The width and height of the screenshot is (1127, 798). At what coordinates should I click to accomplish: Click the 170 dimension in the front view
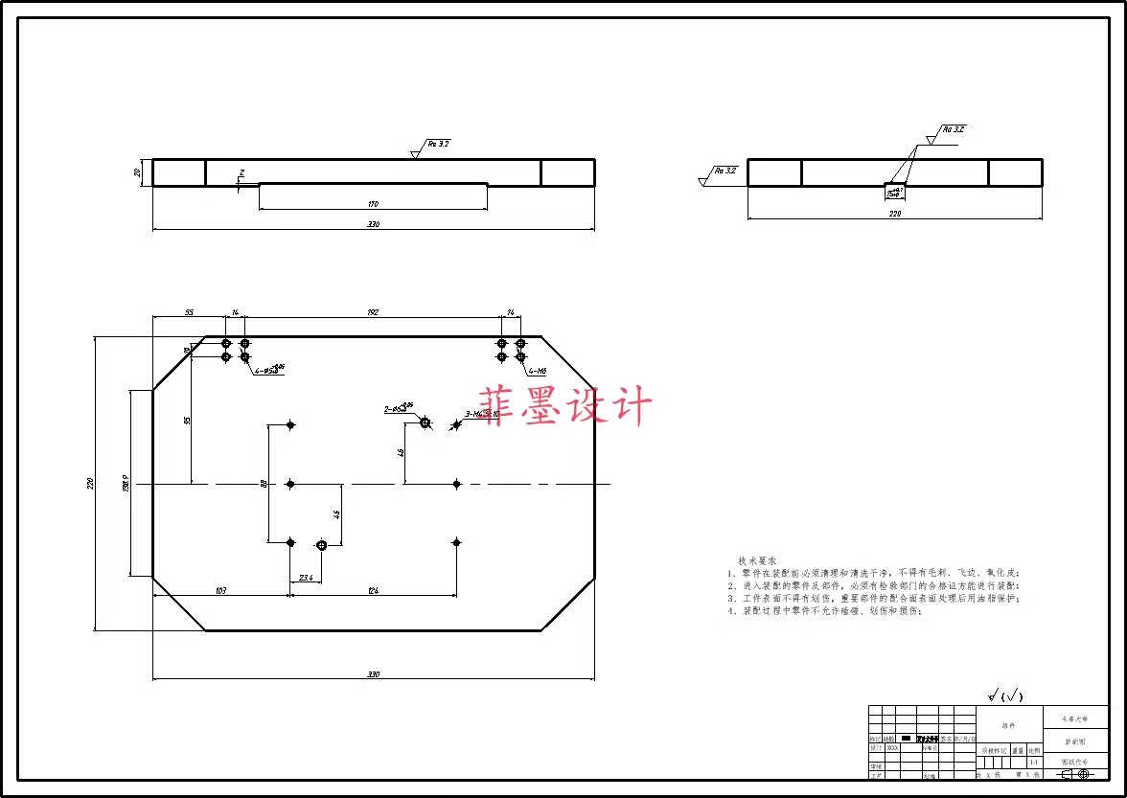[x=374, y=204]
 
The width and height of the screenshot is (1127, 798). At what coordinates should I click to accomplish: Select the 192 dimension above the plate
[x=373, y=313]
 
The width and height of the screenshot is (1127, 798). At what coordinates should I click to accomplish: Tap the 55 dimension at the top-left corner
[x=189, y=313]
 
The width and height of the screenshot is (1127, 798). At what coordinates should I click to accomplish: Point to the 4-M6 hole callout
[x=537, y=370]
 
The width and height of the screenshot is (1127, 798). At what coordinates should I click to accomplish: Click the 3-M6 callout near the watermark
[x=475, y=414]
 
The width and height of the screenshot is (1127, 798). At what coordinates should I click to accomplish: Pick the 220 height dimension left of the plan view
[x=91, y=484]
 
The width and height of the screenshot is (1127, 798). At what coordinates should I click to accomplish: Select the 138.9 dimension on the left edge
[x=126, y=484]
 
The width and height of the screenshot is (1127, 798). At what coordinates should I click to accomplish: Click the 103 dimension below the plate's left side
[x=220, y=591]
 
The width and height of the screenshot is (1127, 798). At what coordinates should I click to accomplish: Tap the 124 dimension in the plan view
[x=373, y=591]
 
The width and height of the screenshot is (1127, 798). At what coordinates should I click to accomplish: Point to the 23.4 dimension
[x=306, y=578]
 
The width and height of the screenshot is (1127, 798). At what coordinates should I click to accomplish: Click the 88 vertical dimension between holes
[x=264, y=484]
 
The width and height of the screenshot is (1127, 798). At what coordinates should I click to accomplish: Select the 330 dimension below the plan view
[x=373, y=674]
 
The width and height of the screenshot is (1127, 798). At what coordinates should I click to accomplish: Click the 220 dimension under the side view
[x=895, y=215]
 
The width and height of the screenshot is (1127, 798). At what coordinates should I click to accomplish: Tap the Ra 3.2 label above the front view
[x=439, y=144]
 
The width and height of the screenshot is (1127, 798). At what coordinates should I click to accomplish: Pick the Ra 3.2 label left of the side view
[x=725, y=171]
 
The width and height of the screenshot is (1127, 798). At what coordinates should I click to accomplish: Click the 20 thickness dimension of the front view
[x=139, y=172]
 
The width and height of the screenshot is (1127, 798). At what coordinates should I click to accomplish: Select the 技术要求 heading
[x=757, y=560]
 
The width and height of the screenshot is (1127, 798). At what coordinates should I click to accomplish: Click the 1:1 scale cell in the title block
[x=1032, y=763]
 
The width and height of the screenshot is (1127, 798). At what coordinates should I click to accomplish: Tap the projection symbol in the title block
[x=1076, y=774]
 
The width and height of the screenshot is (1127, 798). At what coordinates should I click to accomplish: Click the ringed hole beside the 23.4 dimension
[x=322, y=545]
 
